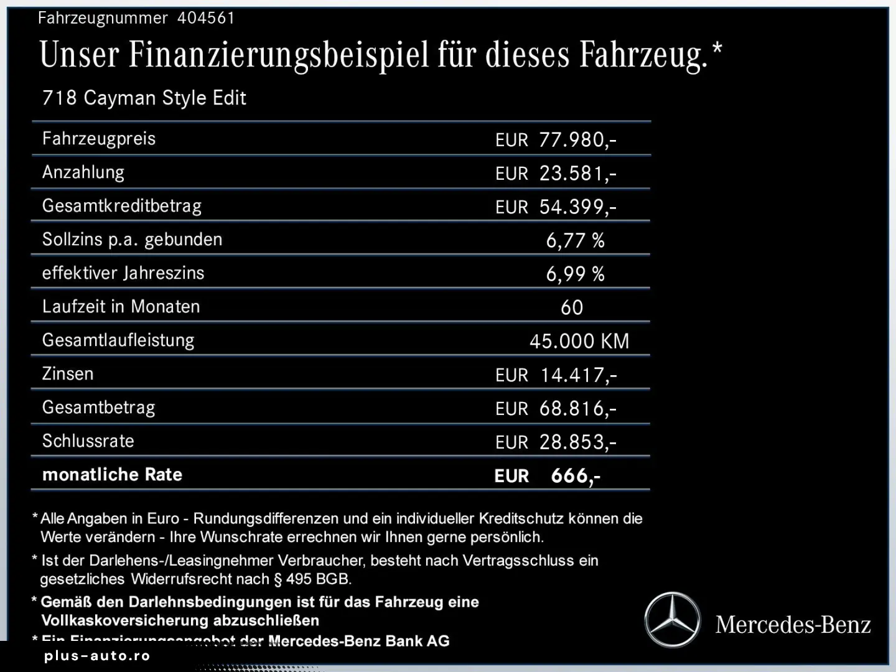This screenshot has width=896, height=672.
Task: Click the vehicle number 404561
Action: click(x=206, y=18)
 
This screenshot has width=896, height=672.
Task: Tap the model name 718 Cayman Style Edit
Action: click(x=144, y=98)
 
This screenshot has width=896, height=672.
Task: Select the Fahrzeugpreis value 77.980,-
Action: click(x=577, y=139)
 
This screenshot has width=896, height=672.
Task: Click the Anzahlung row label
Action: click(x=83, y=172)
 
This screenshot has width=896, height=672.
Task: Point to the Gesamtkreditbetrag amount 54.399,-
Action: click(x=577, y=207)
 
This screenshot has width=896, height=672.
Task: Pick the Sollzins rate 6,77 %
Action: click(x=575, y=240)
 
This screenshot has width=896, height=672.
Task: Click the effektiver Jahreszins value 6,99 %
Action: click(x=575, y=274)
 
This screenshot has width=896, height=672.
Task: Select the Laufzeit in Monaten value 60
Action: click(x=572, y=307)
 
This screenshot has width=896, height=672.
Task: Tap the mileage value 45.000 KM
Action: click(x=579, y=341)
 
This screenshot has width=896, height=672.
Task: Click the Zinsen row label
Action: click(x=68, y=374)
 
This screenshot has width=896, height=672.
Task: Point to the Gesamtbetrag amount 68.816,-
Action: click(x=577, y=408)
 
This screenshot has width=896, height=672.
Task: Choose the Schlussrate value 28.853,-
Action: click(x=577, y=442)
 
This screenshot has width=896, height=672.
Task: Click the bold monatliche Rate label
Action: click(x=112, y=475)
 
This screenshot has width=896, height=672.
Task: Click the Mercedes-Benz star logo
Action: click(x=672, y=620)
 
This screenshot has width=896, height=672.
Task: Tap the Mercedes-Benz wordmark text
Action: click(x=793, y=624)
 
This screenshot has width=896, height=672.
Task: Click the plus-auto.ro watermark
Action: click(x=97, y=656)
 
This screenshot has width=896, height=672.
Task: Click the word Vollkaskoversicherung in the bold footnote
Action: click(x=125, y=620)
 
